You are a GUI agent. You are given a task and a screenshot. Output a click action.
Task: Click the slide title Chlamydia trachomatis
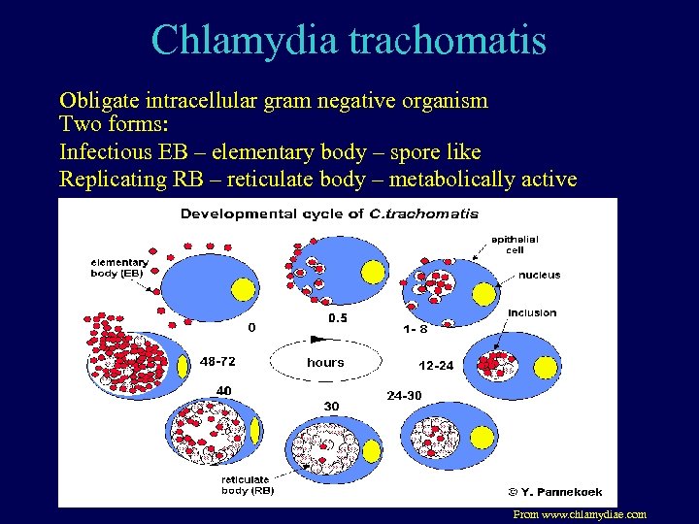[x=349, y=41]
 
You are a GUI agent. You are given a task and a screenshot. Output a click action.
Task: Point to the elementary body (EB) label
[x=119, y=267]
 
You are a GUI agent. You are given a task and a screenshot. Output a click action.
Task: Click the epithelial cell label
[x=515, y=244]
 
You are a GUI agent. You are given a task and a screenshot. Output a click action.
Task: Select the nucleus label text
[x=539, y=275]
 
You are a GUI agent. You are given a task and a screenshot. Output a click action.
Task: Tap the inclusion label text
[x=532, y=312]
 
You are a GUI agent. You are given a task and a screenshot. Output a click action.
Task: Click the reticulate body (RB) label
[x=248, y=485]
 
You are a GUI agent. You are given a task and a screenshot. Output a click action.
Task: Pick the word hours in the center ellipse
[x=325, y=362]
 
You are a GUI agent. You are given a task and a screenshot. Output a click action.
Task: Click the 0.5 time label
[x=337, y=318]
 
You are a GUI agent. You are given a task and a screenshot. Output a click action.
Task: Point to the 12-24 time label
[x=436, y=366]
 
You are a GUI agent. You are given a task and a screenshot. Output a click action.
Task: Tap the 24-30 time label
[x=405, y=395]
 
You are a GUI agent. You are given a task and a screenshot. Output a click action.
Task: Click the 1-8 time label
[x=415, y=329]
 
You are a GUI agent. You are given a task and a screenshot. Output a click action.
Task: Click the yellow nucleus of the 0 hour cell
[x=244, y=288]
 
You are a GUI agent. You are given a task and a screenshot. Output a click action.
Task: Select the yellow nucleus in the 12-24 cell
[x=546, y=367]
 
